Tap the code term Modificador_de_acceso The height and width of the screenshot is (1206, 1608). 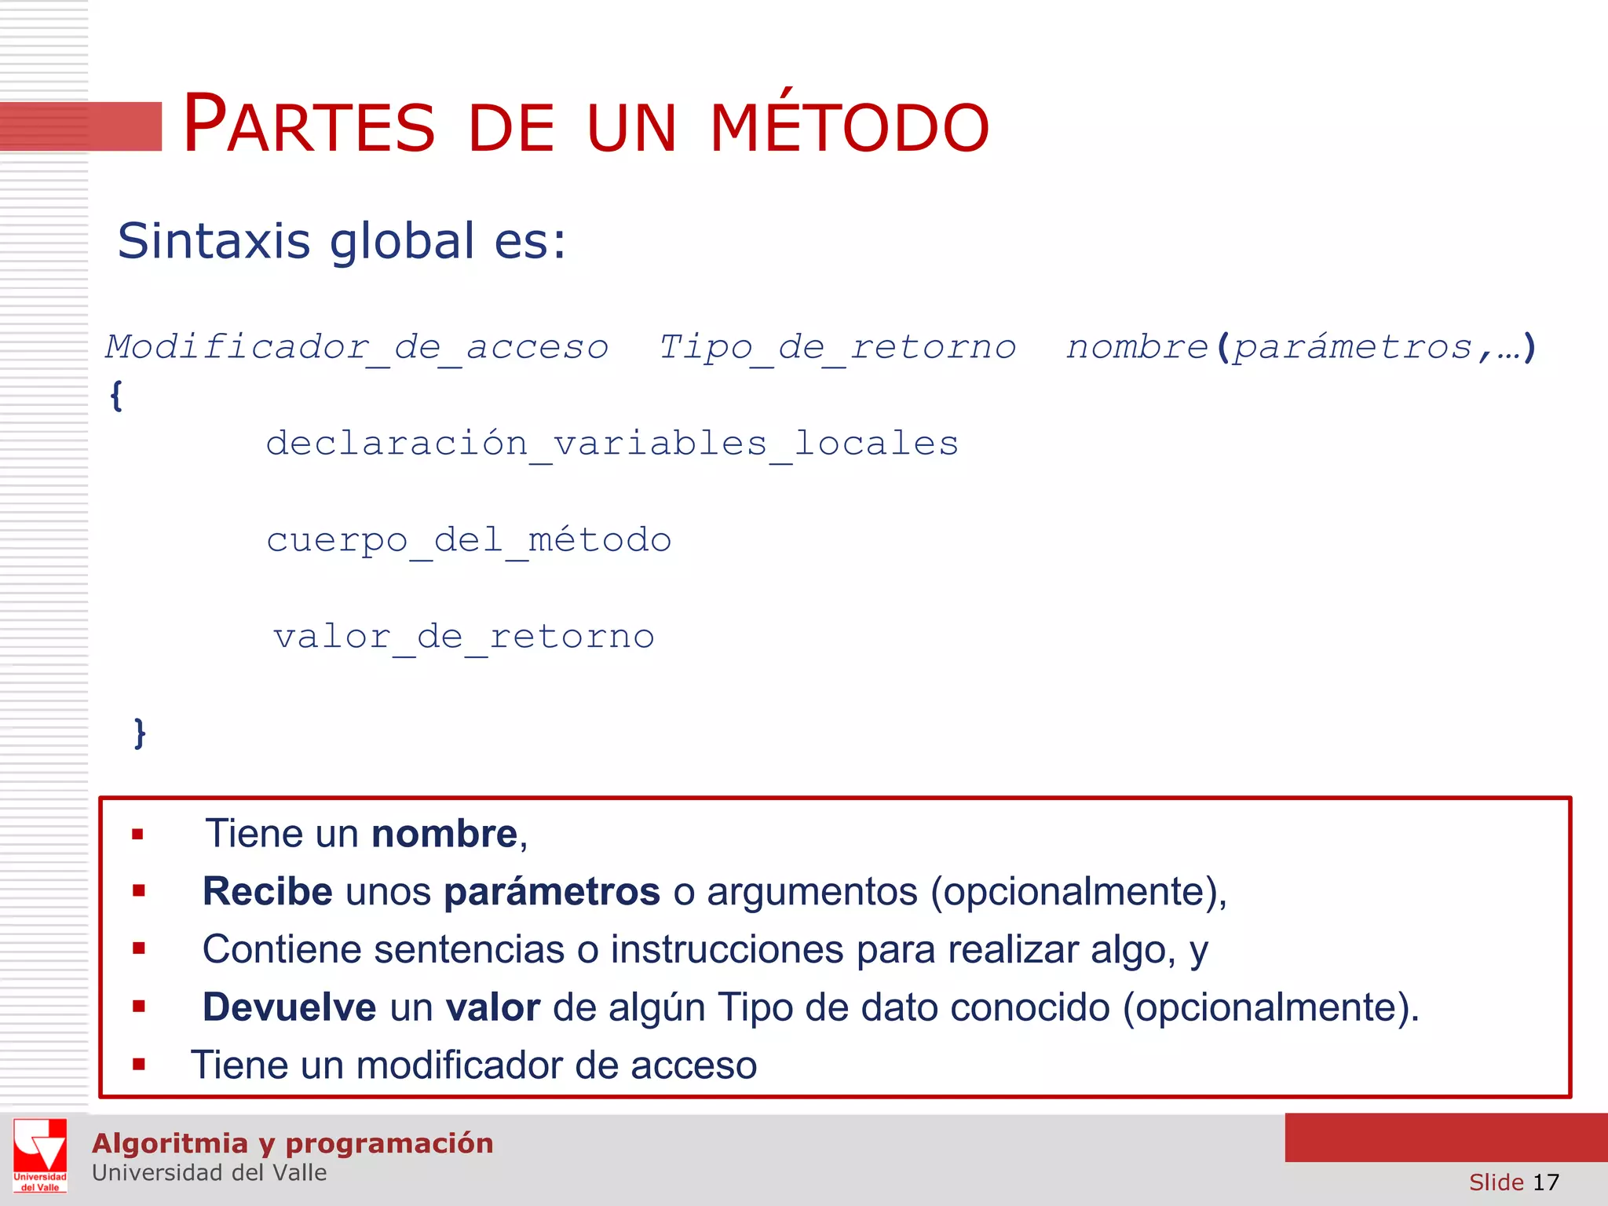357,347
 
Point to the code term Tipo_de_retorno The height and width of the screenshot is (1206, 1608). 837,347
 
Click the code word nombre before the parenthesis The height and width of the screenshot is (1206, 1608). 1136,347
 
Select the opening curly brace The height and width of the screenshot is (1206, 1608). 116,395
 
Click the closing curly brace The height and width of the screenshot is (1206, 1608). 140,733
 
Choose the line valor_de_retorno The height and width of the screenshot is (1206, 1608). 463,637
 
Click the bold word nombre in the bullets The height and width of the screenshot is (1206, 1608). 444,834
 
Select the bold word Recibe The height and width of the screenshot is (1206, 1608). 267,892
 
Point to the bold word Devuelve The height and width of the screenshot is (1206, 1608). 289,1007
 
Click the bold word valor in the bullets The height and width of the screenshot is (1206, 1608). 492,1007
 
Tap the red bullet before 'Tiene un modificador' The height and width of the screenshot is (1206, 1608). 139,1065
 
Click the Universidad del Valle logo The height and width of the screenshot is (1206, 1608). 40,1155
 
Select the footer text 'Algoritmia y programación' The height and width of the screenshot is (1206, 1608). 293,1143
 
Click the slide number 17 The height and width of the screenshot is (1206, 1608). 1545,1182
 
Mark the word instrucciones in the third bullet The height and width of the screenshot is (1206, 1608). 727,949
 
